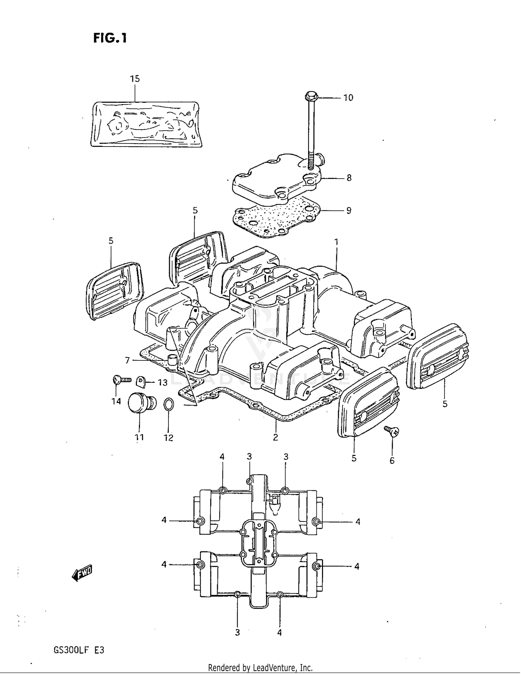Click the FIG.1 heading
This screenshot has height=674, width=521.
[110, 38]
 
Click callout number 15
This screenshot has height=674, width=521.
[135, 79]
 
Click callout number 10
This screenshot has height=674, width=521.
[348, 98]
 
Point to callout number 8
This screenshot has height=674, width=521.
[349, 178]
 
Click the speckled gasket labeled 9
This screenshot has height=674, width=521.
[274, 219]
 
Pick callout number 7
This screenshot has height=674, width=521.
[127, 361]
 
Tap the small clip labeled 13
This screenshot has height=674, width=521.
[141, 382]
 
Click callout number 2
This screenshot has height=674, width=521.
[275, 438]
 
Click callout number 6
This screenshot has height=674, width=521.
[392, 461]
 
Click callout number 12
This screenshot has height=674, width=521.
[168, 438]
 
